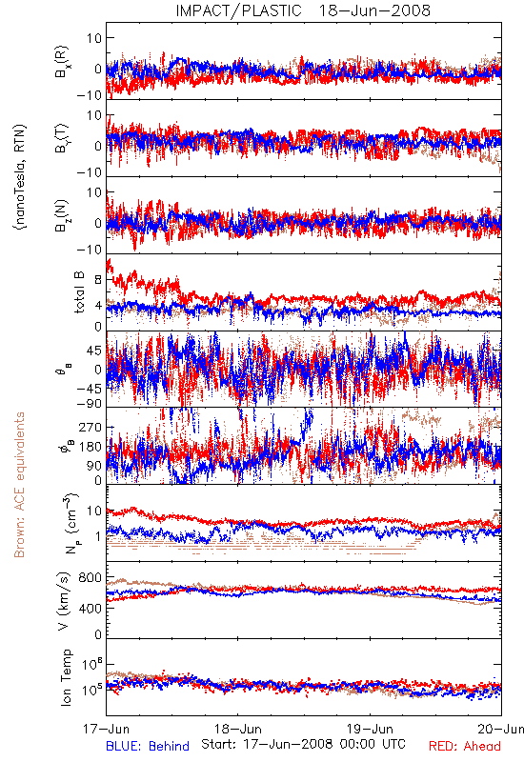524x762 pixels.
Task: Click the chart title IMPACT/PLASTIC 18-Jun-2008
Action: point(303,10)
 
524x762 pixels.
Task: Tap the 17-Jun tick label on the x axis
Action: point(107,729)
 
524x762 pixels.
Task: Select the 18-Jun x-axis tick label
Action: point(238,729)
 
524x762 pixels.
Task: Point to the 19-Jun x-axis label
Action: point(370,729)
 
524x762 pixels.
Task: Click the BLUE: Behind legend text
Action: point(148,746)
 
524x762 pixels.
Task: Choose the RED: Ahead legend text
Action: point(465,746)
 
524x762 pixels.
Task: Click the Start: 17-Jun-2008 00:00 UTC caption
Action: point(303,744)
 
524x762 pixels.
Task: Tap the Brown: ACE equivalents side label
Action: point(19,485)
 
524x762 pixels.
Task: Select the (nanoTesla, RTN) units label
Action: point(20,177)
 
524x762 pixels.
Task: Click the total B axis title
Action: point(79,292)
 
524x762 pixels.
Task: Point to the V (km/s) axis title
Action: point(64,602)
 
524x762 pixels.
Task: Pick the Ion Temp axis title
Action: point(66,677)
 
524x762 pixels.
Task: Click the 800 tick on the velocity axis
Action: point(91,578)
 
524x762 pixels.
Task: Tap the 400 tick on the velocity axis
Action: point(91,609)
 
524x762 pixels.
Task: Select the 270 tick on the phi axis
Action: point(91,428)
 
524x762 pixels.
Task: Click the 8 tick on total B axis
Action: point(98,280)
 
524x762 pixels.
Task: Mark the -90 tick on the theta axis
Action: point(90,404)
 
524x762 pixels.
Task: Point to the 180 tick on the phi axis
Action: point(91,447)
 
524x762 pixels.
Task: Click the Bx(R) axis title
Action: point(62,62)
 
